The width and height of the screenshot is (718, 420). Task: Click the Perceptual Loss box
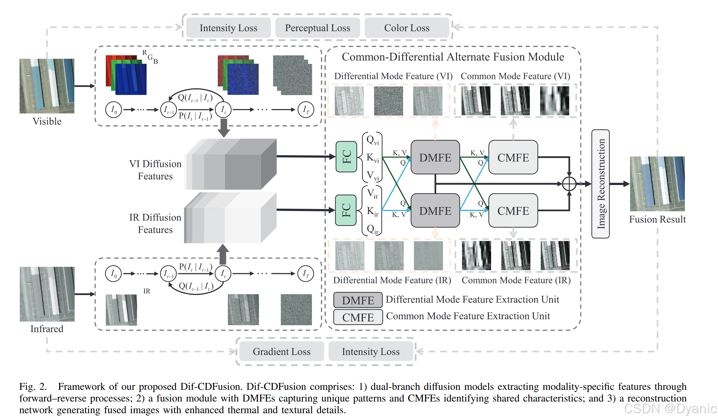coord(317,28)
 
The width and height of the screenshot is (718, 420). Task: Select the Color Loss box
coord(407,28)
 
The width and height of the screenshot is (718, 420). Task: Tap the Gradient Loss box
coord(281,352)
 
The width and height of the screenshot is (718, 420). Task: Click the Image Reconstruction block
coord(600,184)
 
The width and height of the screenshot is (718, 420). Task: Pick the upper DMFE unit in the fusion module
coord(435,157)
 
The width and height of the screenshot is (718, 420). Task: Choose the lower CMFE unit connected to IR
coord(513,211)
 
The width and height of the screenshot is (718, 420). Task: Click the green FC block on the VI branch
coord(346,157)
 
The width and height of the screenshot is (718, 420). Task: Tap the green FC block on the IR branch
coord(346,210)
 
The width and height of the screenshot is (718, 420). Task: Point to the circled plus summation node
coord(569,184)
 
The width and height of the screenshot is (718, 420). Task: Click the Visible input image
coord(47,86)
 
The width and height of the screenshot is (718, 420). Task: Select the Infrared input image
coord(47,294)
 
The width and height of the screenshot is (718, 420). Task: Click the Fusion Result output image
coord(657,184)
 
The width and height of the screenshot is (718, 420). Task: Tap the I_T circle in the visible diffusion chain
coord(306,110)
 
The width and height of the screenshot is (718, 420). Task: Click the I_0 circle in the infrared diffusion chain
coord(113,273)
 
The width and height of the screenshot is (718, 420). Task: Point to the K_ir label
coord(372,211)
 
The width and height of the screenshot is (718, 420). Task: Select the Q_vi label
coord(372,140)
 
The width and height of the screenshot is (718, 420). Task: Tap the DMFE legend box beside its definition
coord(358,300)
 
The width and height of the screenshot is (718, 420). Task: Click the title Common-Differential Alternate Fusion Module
coord(453,57)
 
